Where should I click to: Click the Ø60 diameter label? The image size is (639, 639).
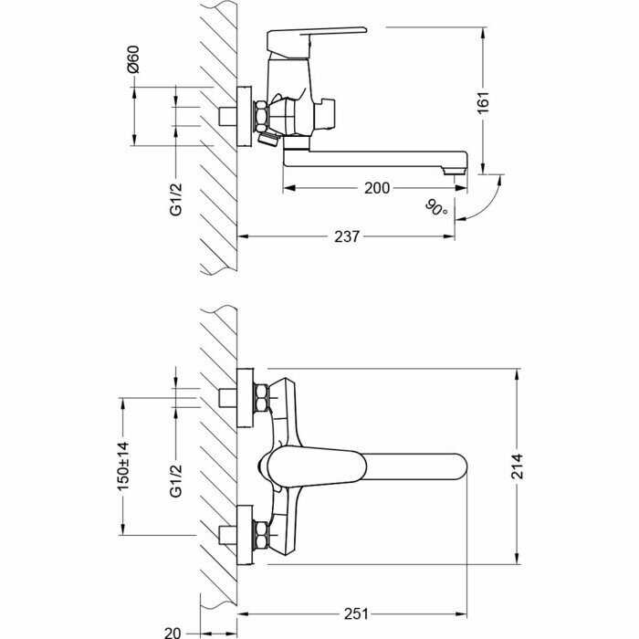click(133, 59)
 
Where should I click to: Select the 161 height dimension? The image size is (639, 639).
click(483, 102)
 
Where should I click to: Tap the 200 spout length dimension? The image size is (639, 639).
click(377, 188)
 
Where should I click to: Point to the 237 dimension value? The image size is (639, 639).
click(347, 236)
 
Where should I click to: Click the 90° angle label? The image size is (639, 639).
click(436, 207)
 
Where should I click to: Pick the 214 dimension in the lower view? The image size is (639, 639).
click(518, 466)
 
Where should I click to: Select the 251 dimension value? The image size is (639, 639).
click(356, 613)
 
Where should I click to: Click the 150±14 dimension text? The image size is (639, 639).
click(123, 466)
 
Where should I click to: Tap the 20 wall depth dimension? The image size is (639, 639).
click(173, 633)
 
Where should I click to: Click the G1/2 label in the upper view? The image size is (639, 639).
click(176, 200)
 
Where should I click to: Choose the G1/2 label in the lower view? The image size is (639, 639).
click(176, 481)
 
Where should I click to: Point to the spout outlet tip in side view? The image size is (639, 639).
click(454, 171)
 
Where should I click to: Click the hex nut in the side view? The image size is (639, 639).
click(261, 117)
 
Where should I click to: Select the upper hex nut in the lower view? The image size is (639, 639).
click(261, 398)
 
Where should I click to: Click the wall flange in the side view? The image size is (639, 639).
click(245, 116)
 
